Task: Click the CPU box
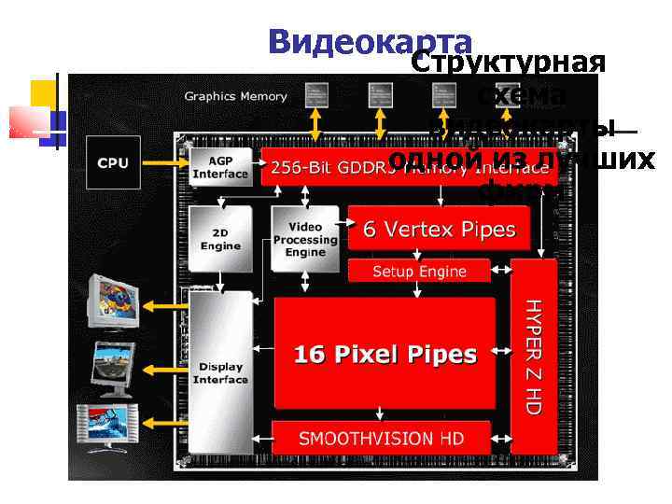[x=113, y=164]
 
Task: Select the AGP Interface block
[x=220, y=168]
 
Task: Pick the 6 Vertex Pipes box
[x=439, y=229]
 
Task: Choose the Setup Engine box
[x=419, y=271]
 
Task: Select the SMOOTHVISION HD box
[x=380, y=438]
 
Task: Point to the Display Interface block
[x=220, y=372]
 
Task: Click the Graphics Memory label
[x=235, y=96]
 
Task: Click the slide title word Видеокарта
[x=370, y=41]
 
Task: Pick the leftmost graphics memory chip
[x=317, y=93]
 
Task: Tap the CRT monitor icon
[x=112, y=301]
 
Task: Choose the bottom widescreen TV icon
[x=109, y=427]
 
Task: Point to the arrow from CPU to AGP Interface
[x=163, y=164]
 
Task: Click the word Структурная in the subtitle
[x=509, y=63]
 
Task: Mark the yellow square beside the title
[x=43, y=93]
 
